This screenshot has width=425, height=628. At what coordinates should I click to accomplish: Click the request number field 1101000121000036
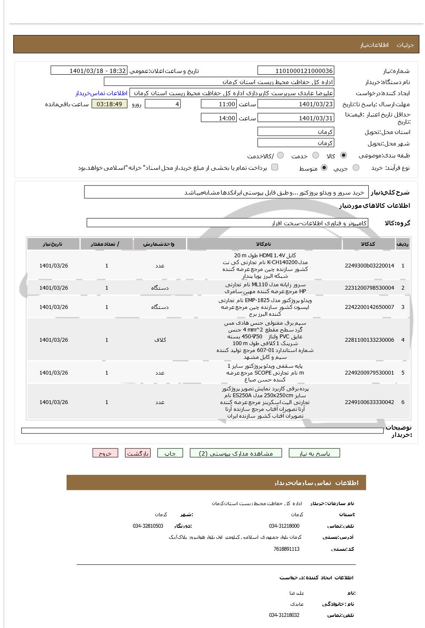point(296,71)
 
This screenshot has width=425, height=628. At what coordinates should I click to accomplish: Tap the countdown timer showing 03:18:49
point(109,104)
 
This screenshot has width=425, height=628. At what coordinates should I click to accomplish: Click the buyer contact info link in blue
point(102,93)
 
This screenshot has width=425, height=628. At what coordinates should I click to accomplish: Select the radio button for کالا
point(343,155)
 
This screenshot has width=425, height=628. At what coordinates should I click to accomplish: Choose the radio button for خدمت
point(316,155)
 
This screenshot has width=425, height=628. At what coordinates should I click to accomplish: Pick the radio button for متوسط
point(324,168)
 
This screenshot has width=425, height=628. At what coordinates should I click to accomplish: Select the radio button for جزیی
point(356,168)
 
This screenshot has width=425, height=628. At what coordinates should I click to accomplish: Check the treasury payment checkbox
point(275,167)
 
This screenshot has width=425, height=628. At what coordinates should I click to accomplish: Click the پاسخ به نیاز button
point(314,453)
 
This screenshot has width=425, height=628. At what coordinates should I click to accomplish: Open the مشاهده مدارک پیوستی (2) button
point(236,453)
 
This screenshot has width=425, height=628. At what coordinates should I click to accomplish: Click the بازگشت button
point(137,453)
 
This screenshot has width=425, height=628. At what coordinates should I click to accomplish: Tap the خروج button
point(105,453)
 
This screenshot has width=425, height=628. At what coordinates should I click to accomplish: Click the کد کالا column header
point(368,244)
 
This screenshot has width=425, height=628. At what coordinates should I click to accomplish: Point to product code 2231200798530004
point(369,288)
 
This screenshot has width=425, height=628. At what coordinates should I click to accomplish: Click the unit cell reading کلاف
point(160,340)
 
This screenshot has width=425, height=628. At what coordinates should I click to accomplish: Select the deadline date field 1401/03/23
point(296,104)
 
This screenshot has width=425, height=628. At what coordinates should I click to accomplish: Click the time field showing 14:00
point(218,118)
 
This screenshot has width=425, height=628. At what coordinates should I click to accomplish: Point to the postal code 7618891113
point(286,549)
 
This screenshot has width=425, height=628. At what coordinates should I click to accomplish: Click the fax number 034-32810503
point(148,526)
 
